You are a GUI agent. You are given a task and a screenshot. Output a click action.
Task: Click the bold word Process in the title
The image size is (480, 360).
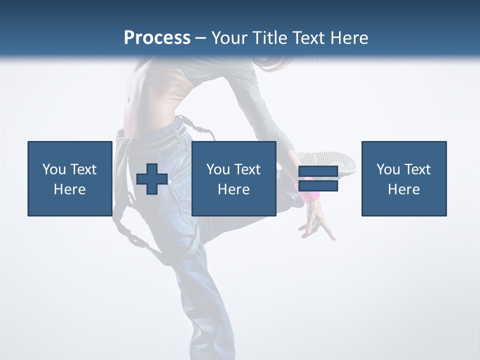point(157,38)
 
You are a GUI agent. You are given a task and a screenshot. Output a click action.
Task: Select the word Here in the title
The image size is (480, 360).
point(349,38)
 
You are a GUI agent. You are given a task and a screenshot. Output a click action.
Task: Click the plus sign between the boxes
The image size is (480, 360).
point(152,179)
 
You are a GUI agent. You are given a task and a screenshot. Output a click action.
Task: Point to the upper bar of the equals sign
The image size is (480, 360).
point(318,171)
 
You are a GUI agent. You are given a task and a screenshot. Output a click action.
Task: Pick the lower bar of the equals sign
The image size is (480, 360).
point(318,186)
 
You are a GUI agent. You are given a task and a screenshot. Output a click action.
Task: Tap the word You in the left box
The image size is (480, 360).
point(54,169)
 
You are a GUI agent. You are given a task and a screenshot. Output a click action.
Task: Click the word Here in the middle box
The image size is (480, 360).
point(233,189)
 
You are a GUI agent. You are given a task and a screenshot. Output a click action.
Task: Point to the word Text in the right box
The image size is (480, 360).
point(417,169)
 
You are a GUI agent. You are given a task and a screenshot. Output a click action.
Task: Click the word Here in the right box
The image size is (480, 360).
point(403,189)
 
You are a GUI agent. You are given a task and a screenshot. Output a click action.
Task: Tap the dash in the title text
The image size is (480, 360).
point(200,38)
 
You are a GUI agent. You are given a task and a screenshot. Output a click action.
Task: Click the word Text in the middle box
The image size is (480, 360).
point(247,169)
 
